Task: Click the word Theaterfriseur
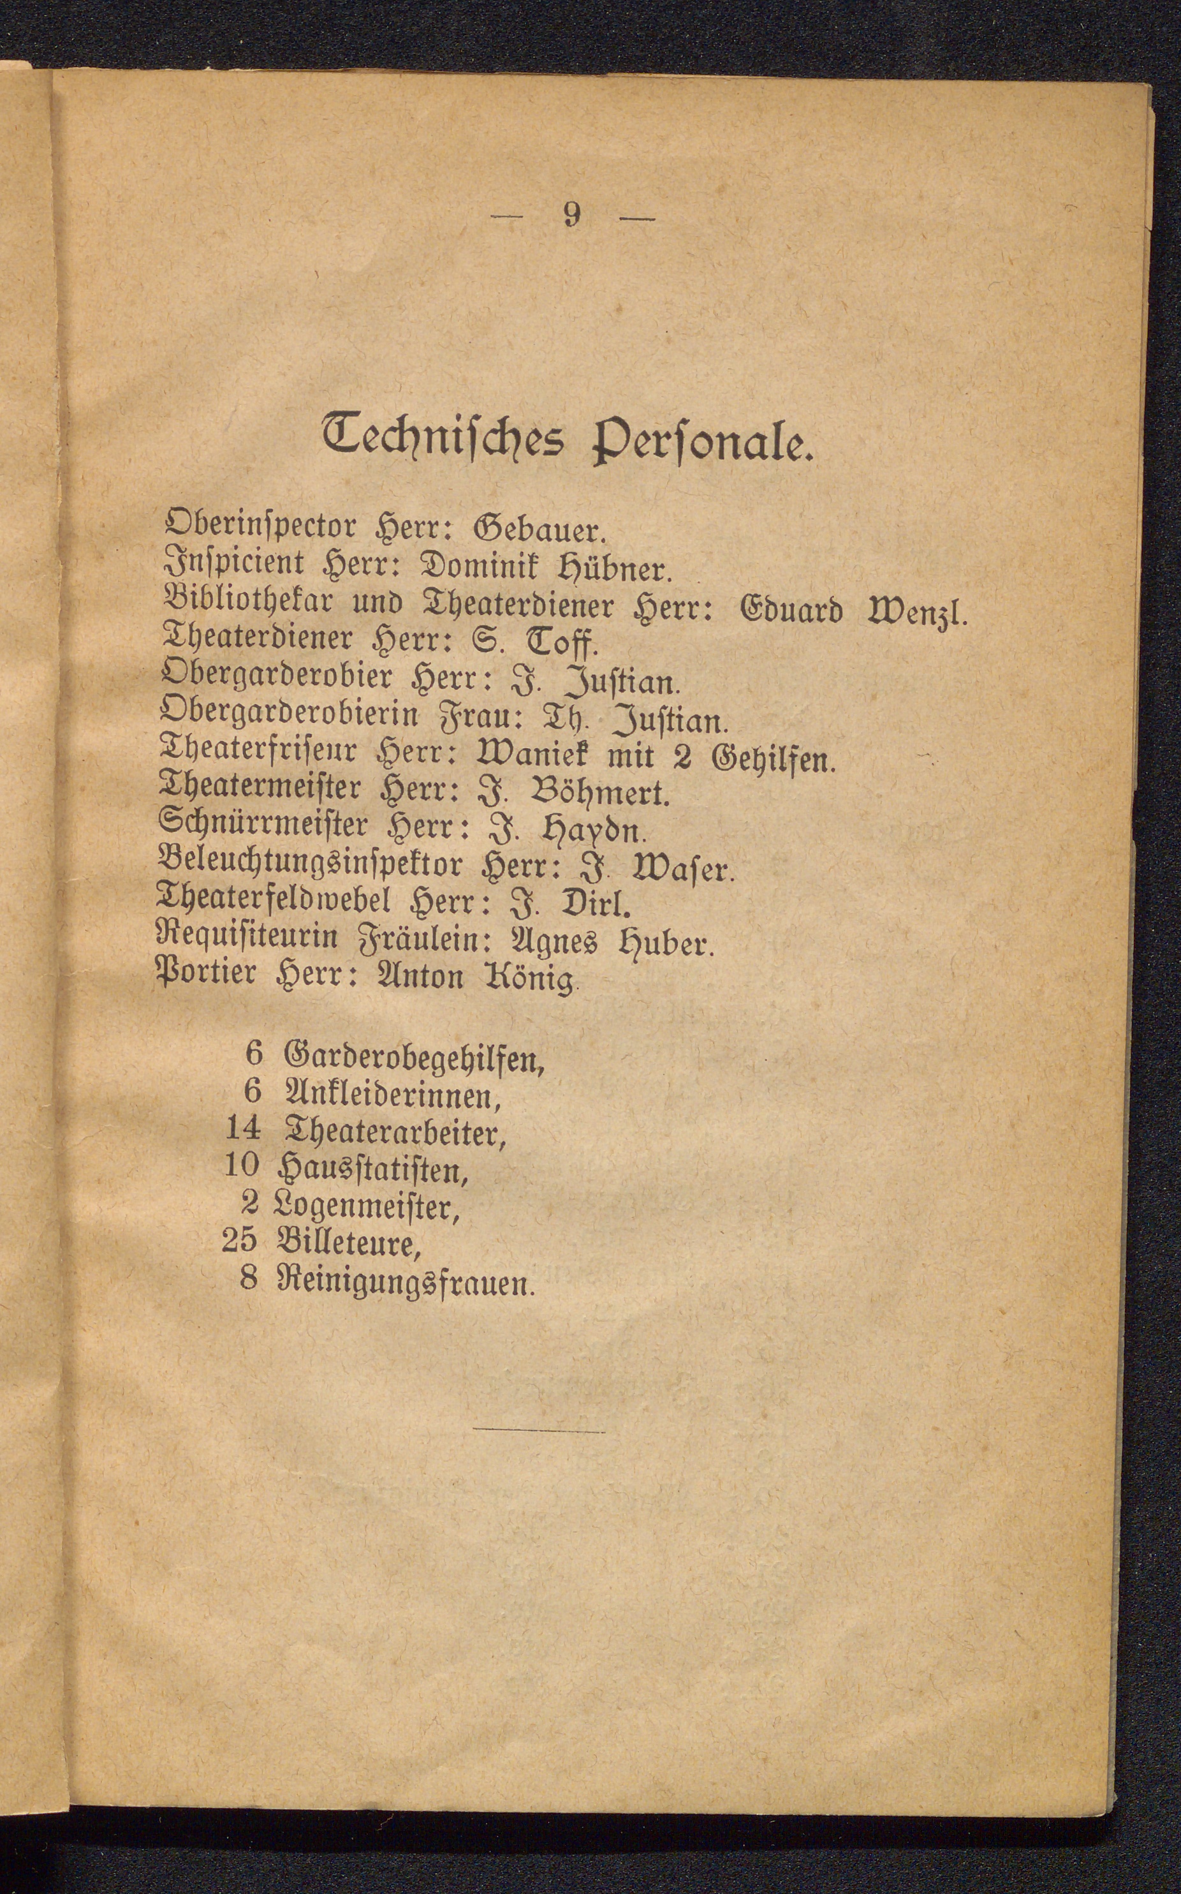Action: (x=258, y=755)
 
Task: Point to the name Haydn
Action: (x=594, y=831)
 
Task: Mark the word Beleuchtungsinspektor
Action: (x=311, y=866)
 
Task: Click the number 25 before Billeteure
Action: (x=240, y=1239)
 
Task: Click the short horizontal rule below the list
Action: (x=538, y=1432)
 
